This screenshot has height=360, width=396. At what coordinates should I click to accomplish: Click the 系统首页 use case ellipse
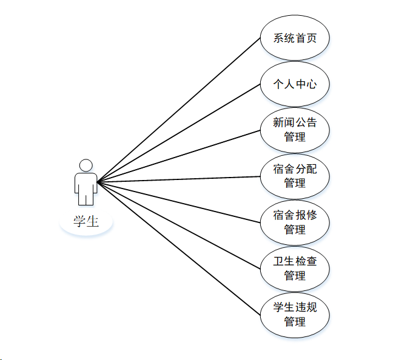[295, 38]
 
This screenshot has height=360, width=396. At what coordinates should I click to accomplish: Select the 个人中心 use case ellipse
[295, 84]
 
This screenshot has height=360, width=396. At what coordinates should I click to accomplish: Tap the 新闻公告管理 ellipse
[295, 130]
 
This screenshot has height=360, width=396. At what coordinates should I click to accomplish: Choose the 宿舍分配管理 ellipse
[295, 176]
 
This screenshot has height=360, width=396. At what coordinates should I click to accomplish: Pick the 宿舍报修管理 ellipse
[295, 222]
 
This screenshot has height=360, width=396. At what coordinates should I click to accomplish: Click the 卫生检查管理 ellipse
[295, 268]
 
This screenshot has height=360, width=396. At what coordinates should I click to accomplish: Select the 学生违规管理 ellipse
[295, 313]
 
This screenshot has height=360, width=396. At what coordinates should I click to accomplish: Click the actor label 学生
[86, 221]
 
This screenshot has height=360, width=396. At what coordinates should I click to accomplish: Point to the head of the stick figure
[86, 165]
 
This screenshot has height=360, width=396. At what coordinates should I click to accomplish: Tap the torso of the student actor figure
[86, 182]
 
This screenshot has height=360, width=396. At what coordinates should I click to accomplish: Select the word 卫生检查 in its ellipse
[295, 262]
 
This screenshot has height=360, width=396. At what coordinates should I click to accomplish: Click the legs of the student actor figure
[86, 199]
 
